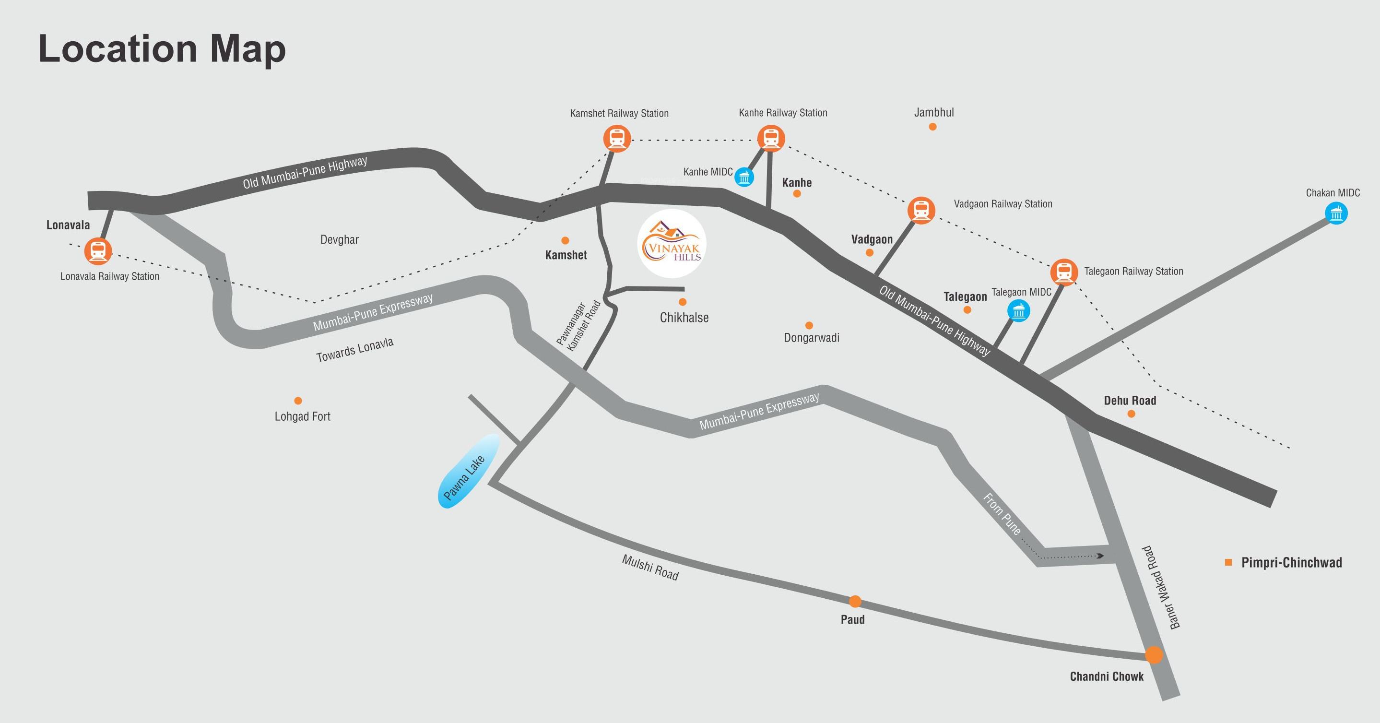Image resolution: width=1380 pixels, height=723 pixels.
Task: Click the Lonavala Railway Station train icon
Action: point(98,251)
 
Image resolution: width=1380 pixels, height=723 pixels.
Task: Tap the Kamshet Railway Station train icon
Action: point(616,138)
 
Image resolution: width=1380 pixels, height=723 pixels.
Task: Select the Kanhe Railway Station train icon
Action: point(770,138)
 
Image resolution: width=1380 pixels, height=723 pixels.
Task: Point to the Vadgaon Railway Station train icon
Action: point(921,210)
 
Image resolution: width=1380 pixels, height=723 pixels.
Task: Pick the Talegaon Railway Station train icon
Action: point(1063,272)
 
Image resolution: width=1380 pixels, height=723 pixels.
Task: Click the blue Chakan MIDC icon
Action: point(1336,214)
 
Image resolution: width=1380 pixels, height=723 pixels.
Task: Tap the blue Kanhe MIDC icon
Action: point(744,177)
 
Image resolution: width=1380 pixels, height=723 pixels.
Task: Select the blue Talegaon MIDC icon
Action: point(1018,311)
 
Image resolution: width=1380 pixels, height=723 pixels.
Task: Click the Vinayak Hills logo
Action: point(672,244)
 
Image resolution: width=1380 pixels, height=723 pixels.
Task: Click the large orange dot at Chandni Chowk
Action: point(1154,655)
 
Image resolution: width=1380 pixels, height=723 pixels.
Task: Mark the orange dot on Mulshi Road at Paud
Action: point(855,601)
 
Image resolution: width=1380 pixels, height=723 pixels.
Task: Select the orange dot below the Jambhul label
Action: point(932,127)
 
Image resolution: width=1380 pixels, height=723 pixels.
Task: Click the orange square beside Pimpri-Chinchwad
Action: point(1228,562)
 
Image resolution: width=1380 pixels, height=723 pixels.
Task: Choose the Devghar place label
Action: point(339,239)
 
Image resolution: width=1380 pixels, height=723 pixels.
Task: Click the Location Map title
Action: point(162,49)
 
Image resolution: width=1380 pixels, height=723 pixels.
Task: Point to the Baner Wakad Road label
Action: point(1160,587)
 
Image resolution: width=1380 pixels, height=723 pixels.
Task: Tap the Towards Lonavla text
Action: point(354,349)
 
